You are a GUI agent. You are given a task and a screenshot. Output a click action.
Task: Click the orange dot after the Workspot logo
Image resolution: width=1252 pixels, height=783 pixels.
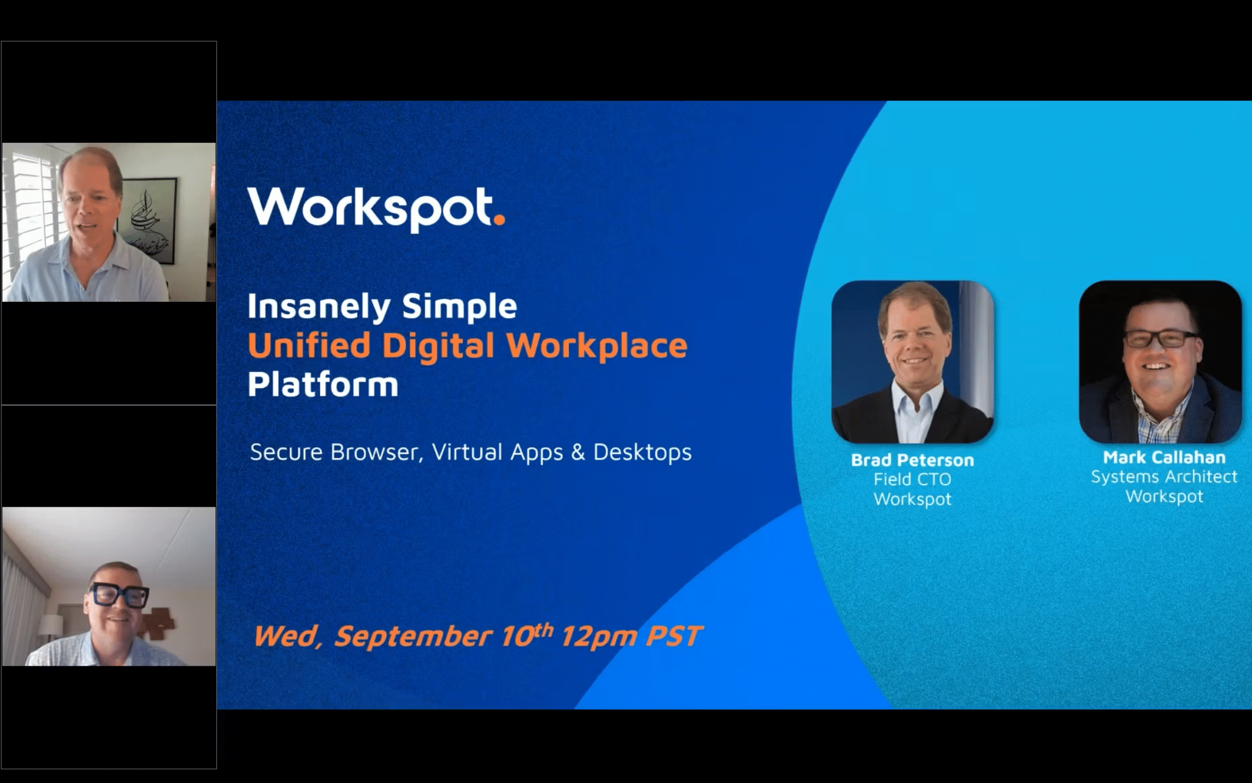tap(499, 219)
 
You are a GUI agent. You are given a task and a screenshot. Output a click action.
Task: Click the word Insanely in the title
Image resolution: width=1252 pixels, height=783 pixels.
tap(318, 307)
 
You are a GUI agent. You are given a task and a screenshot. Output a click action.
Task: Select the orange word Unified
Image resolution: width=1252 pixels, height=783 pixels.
tap(309, 346)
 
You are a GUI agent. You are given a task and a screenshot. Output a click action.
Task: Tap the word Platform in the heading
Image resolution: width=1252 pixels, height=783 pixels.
tap(323, 385)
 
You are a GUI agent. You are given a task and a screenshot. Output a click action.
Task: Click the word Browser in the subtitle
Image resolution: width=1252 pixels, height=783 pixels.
tap(375, 452)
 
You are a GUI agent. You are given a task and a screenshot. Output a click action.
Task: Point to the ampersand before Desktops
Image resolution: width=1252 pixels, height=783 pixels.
tap(577, 452)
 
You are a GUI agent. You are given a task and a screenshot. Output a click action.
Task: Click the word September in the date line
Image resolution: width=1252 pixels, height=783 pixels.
tap(413, 637)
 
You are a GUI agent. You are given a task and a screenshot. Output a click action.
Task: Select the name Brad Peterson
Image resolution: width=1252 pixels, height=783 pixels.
tap(912, 460)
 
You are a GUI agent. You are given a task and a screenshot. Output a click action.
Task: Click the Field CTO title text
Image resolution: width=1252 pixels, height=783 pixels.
tap(912, 479)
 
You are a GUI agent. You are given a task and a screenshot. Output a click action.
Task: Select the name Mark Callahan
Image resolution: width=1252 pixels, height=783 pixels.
tap(1164, 457)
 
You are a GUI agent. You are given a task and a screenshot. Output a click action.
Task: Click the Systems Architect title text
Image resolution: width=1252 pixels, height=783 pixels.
tap(1164, 477)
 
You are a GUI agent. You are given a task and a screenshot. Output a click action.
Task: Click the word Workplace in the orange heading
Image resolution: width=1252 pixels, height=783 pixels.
tap(597, 346)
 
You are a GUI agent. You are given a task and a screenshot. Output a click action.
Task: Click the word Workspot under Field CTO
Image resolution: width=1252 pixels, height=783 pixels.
tap(912, 499)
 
